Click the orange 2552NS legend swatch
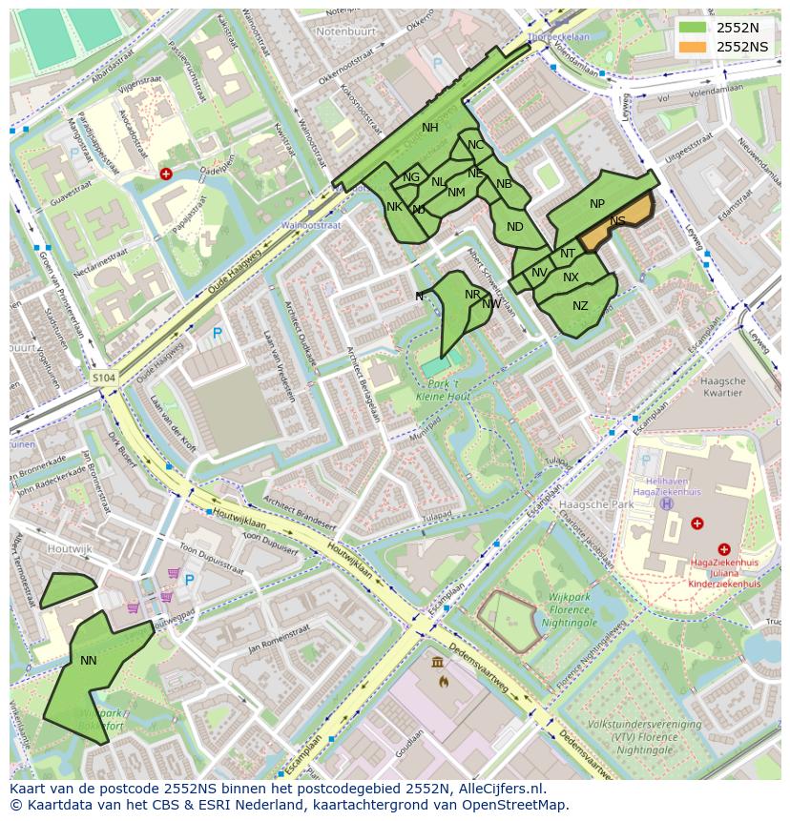click(x=694, y=47)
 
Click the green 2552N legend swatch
click(x=694, y=28)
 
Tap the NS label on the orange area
click(x=618, y=221)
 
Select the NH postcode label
click(x=430, y=128)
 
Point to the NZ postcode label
click(x=580, y=306)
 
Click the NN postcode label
click(x=89, y=660)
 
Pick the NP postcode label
click(x=597, y=204)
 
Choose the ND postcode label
click(x=515, y=227)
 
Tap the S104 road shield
click(x=104, y=379)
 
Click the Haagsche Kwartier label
click(x=721, y=386)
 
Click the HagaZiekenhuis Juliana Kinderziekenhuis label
click(x=723, y=572)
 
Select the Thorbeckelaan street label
click(x=561, y=37)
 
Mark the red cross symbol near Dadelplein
click(x=166, y=174)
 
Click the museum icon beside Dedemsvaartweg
click(x=437, y=662)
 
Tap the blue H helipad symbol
click(x=666, y=503)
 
